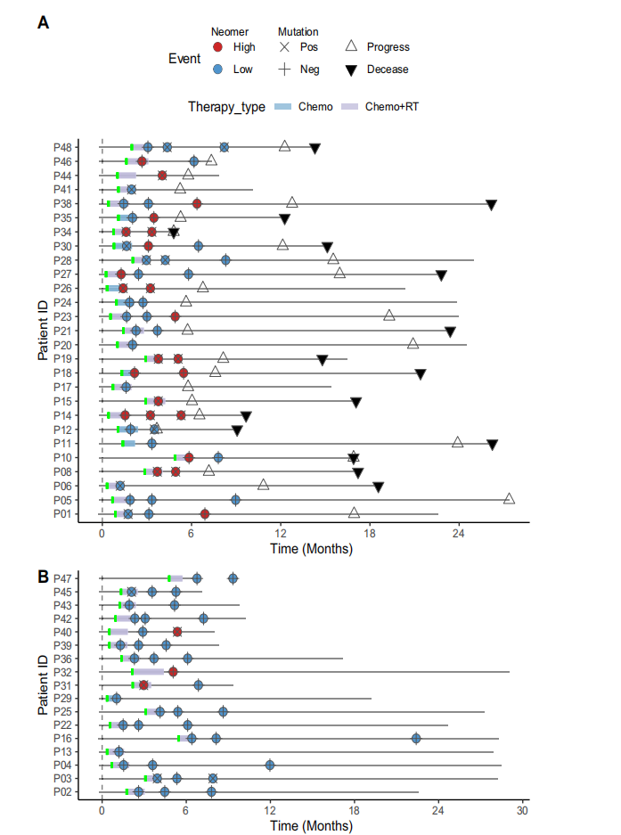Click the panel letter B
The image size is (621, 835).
[43, 576]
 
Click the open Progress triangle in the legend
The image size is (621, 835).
[351, 46]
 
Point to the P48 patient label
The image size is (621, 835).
[62, 147]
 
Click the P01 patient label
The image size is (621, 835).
[62, 514]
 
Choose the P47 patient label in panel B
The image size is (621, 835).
[62, 578]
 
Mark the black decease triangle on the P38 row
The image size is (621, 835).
[492, 204]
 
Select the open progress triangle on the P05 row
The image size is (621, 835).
[509, 499]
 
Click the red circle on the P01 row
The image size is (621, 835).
[205, 514]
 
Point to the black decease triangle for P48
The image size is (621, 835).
[315, 148]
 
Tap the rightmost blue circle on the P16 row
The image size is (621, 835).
[416, 738]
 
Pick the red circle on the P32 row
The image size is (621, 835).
[173, 672]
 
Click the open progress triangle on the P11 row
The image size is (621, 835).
[457, 442]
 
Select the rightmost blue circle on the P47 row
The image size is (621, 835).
[233, 578]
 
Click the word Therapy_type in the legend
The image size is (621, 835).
[226, 107]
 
